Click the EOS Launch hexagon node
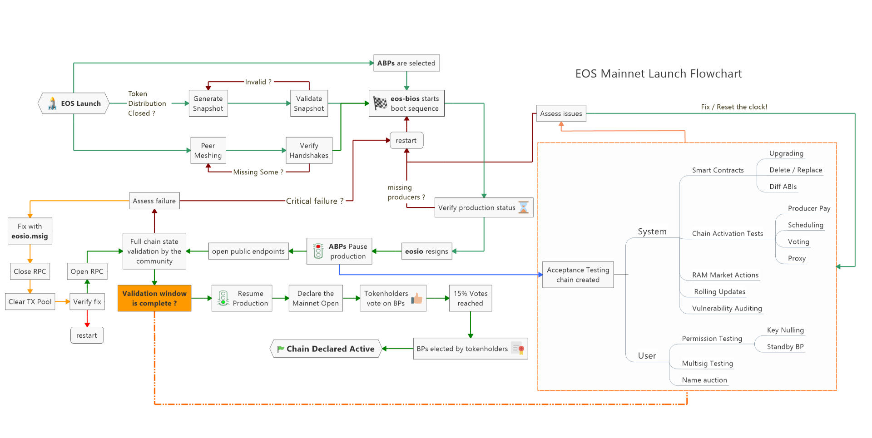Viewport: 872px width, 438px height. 74,103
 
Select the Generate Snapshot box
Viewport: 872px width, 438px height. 208,103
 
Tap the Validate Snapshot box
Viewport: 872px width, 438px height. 309,103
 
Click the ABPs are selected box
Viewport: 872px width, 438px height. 406,63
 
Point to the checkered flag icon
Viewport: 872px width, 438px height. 380,103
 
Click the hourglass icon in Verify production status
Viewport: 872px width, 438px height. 524,207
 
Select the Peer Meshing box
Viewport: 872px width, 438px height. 208,150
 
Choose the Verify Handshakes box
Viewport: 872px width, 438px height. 309,150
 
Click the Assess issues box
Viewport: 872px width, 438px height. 561,113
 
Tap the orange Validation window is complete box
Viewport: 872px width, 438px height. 154,298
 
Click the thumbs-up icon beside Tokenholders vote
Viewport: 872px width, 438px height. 417,298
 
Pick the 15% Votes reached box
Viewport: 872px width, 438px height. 471,298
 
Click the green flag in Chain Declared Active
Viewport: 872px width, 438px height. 281,349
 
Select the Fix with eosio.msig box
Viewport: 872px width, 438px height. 30,231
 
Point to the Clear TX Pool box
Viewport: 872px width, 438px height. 30,301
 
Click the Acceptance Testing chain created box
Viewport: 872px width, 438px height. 578,275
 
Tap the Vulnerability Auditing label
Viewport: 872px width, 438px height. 727,308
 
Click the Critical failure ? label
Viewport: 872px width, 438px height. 315,201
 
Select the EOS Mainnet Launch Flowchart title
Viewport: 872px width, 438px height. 658,74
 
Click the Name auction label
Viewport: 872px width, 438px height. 704,380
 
